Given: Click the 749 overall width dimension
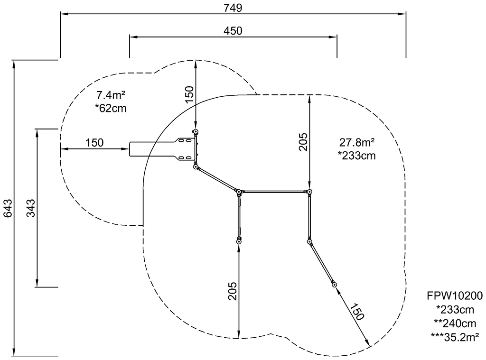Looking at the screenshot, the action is pos(233,8).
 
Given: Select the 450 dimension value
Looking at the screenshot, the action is pos(233,31).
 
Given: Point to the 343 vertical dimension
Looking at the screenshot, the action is pos(30,208).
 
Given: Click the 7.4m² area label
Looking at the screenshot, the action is pos(111,95).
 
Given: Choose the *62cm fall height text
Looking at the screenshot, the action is pos(111,108).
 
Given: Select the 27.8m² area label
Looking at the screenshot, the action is pos(357,142).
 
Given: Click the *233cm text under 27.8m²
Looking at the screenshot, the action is pos(357,155).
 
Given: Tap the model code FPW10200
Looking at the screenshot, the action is pos(455,296).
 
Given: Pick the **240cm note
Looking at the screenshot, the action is pos(455,323).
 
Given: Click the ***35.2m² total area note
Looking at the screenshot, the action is pos(455,337).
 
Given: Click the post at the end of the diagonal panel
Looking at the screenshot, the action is pos(334,285).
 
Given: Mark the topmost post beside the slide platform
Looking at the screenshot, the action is pos(196,132).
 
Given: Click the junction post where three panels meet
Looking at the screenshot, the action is pos(239,192).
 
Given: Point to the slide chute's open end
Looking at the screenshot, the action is pos(130,149).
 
